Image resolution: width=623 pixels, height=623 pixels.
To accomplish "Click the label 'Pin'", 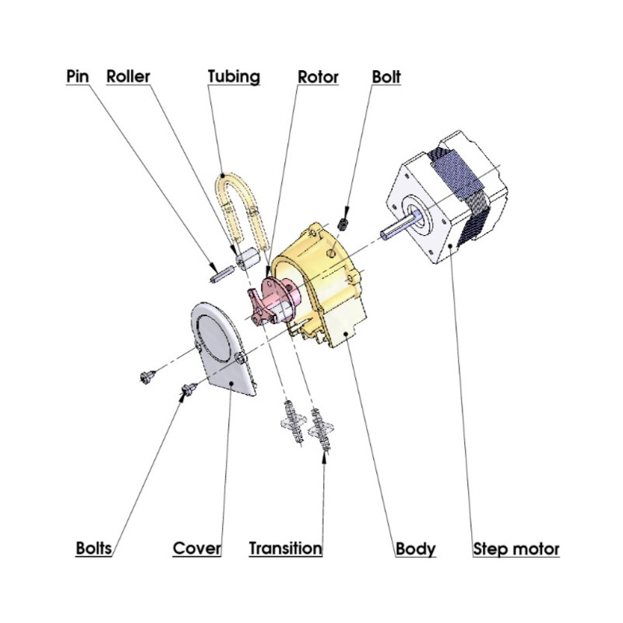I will click(x=77, y=77).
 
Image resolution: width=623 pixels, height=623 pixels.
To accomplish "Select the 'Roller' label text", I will click(x=128, y=77).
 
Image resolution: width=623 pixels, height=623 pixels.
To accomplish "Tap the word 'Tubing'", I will click(x=234, y=77).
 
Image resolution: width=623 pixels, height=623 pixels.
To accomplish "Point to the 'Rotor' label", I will click(x=319, y=77).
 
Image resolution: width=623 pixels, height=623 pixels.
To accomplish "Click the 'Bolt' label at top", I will click(x=386, y=77).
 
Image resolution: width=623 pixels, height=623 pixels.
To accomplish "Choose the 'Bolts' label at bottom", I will click(x=94, y=548).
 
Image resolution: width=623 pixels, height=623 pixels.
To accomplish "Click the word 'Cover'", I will click(x=197, y=548).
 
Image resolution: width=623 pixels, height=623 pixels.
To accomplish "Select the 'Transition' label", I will click(x=285, y=548).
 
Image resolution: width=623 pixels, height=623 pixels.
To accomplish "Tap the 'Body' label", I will click(x=416, y=548).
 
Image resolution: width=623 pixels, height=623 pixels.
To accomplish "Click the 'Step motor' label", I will click(x=516, y=548).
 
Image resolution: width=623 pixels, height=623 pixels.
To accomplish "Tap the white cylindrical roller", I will click(x=248, y=256).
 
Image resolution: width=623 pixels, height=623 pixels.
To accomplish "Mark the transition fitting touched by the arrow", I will click(x=322, y=428).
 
